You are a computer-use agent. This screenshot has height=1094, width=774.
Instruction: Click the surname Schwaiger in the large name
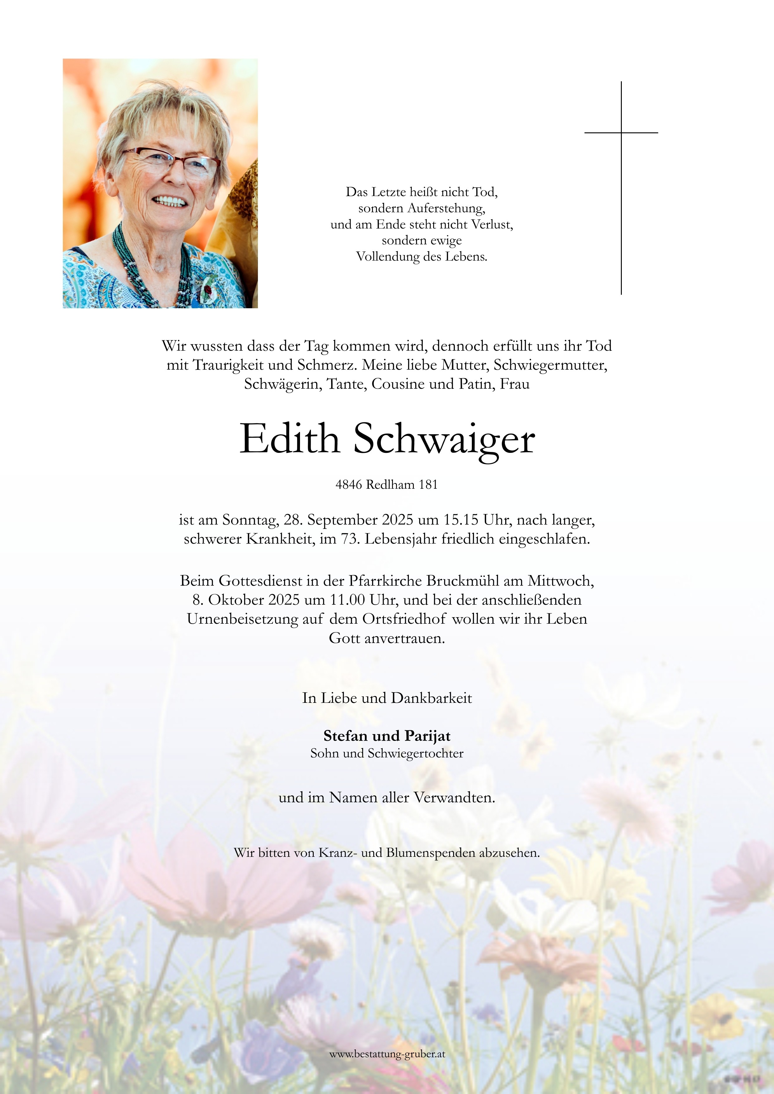(x=444, y=440)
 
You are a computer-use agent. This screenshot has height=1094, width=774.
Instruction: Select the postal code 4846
(x=348, y=485)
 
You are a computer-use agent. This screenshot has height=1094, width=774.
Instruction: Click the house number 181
(x=428, y=485)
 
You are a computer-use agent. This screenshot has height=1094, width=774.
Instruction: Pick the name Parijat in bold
(x=428, y=736)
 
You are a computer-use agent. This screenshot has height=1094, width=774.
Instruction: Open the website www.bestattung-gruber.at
(x=387, y=1054)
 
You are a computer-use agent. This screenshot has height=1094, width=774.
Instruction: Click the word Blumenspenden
(x=431, y=853)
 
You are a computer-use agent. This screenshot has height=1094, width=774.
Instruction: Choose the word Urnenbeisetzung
(x=243, y=619)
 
